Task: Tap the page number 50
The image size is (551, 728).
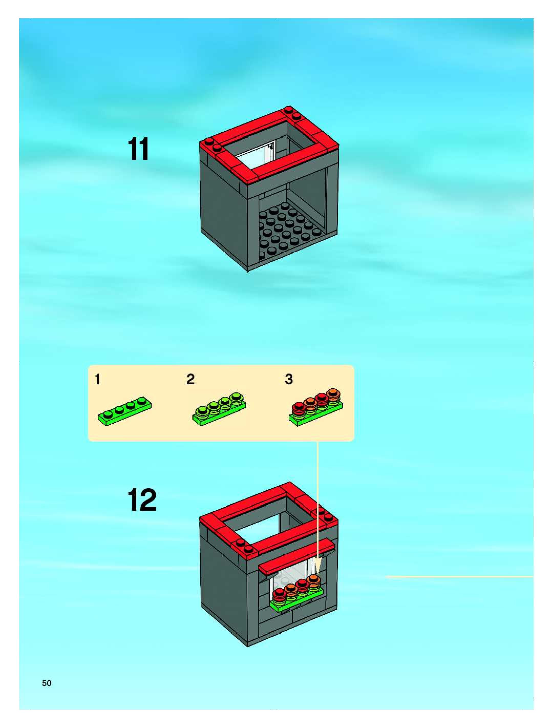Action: click(x=47, y=683)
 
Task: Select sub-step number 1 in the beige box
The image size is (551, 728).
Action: click(x=97, y=379)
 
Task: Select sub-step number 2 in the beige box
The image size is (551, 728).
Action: click(x=190, y=379)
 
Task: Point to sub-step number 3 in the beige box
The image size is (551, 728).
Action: click(x=289, y=379)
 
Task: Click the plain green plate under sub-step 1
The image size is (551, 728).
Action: click(x=125, y=411)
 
